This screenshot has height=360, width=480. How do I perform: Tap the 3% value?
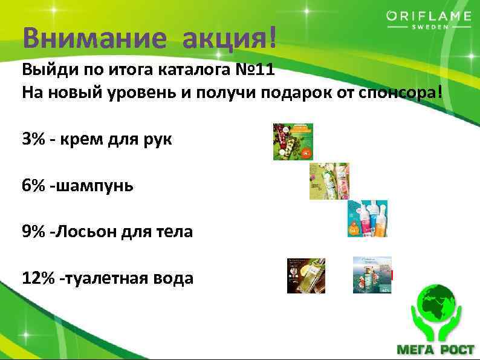point(34,139)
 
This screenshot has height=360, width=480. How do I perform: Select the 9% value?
point(34,232)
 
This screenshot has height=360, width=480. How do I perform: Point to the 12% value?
point(39,278)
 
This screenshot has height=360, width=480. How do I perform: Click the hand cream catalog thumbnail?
point(293,142)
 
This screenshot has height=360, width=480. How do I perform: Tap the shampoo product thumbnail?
point(329,181)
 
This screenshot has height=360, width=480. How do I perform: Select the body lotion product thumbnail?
point(367,218)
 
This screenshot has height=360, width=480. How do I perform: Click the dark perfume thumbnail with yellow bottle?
point(306,275)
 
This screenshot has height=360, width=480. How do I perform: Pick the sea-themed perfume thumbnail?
point(372,275)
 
